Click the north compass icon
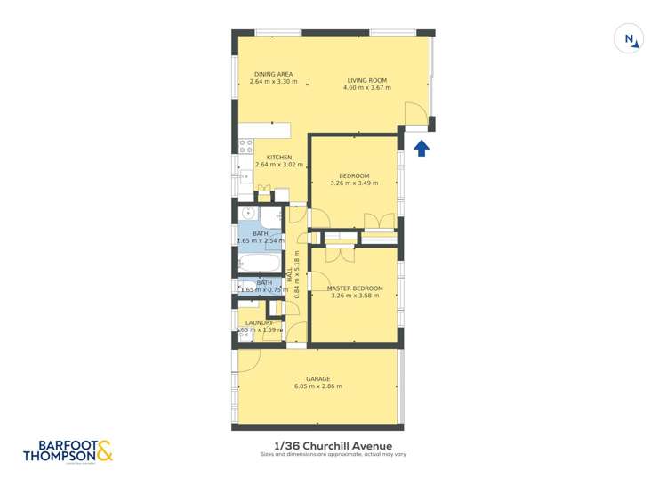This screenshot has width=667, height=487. coord(630,39)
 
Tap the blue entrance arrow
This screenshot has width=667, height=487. coord(422,147)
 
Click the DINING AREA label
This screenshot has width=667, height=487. coord(273,74)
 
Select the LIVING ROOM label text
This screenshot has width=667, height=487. coord(366,81)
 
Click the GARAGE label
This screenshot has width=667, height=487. coord(317,378)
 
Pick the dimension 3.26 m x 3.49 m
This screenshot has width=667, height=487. coord(354,183)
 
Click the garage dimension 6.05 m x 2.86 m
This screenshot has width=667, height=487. coord(317,386)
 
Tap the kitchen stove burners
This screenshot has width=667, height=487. coord(246,145)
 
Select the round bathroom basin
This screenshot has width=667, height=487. coord(250,214)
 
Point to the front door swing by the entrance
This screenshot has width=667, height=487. coord(414,114)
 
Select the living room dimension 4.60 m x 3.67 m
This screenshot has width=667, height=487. coord(366,89)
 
